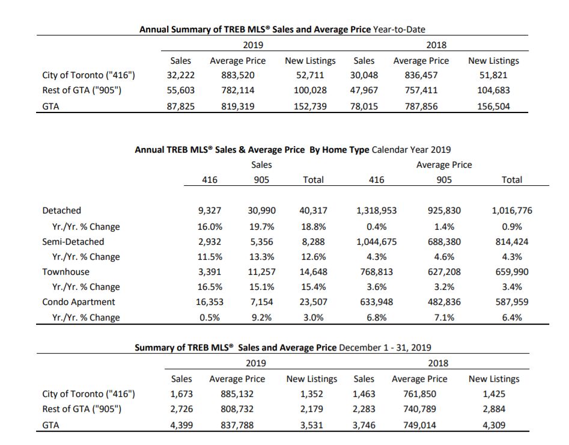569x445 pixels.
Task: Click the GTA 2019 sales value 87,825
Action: point(181,106)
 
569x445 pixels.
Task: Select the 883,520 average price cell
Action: point(238,75)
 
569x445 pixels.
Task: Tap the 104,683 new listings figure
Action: point(493,90)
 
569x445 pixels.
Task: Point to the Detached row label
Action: point(62,210)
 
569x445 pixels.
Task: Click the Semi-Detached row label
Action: point(73,242)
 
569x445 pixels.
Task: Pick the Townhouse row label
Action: point(65,272)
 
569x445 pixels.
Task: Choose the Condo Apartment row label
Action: point(78,302)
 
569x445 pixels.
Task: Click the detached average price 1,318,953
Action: point(376,210)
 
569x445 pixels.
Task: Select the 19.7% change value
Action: point(261,227)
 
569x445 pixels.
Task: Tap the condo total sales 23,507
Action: point(313,302)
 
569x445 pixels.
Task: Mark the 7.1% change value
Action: point(444,318)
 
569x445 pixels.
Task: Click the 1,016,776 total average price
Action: point(512,210)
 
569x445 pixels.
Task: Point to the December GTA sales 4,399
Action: point(181,425)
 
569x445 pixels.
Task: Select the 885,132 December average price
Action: point(237,394)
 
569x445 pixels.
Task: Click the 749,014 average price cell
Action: point(419,425)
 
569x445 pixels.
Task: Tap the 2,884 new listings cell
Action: point(494,409)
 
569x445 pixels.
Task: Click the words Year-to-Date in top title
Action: point(399,29)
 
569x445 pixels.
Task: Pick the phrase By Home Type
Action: point(339,150)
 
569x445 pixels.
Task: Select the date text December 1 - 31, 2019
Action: point(385,348)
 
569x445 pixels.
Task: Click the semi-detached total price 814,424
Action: point(512,242)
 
